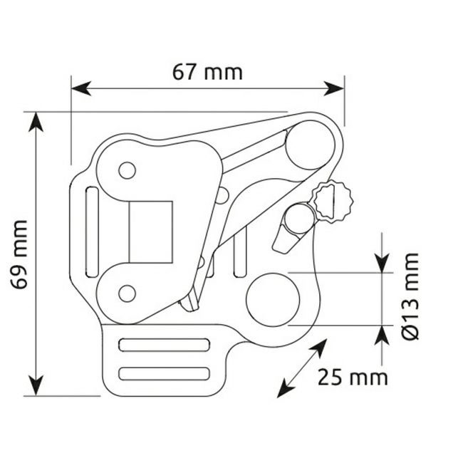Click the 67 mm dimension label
click(x=207, y=73)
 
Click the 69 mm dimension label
click(x=19, y=254)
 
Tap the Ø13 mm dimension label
click(x=410, y=296)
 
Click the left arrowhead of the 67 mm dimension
click(x=81, y=88)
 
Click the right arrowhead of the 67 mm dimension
click(x=334, y=88)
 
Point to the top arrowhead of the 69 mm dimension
click(x=36, y=122)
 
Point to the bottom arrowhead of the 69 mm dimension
click(x=36, y=385)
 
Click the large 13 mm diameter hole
click(x=273, y=300)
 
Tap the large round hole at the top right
click(x=310, y=145)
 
